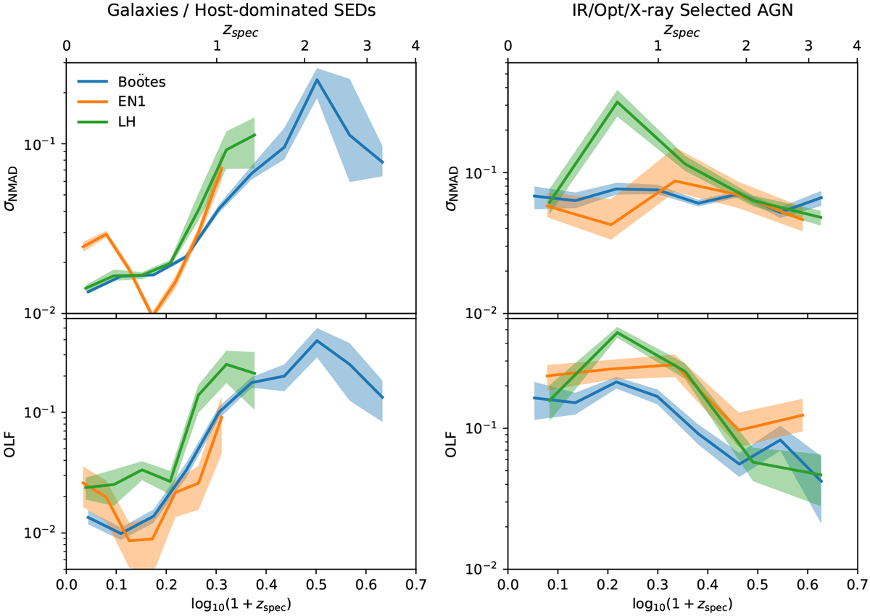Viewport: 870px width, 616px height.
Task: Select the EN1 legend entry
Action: coord(131,102)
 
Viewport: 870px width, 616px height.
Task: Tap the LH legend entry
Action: coord(126,122)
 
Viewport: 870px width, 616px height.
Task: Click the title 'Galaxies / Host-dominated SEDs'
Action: coord(241,12)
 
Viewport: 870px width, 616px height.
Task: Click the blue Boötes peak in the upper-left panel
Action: coord(317,80)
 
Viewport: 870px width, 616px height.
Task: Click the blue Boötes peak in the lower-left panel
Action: coord(317,341)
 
